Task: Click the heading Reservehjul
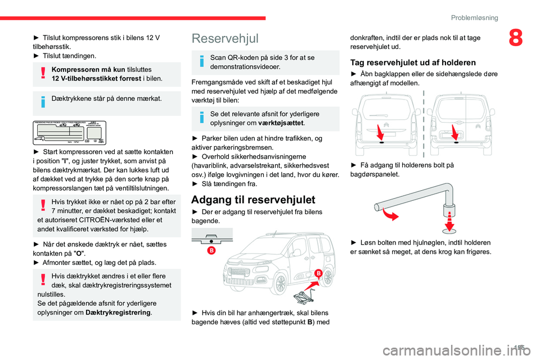[225, 38]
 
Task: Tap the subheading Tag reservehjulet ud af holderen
[413, 62]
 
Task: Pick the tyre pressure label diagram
[70, 133]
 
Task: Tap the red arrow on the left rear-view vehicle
[379, 133]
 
